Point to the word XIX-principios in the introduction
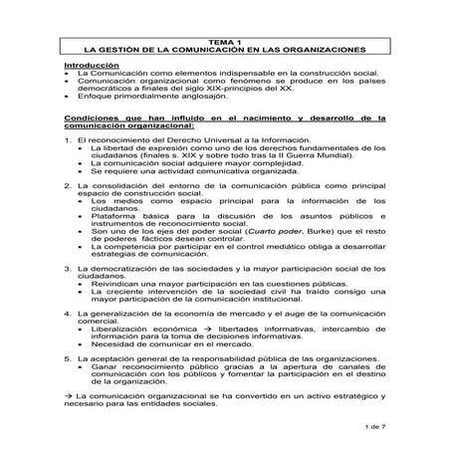tap(248, 92)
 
